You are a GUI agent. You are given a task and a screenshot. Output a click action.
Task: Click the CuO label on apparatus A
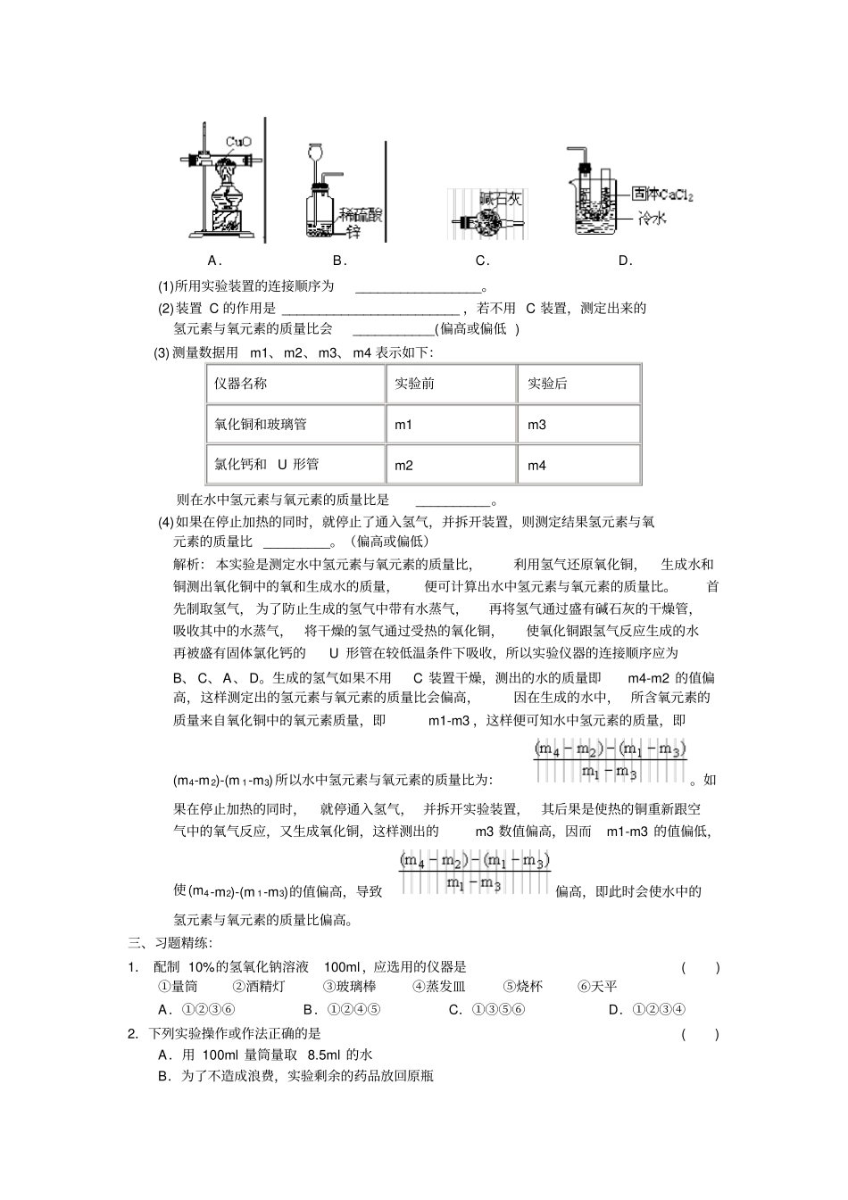pos(238,141)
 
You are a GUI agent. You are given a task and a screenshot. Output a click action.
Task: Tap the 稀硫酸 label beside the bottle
pos(360,215)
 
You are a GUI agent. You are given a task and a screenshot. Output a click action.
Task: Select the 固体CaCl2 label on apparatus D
pos(661,194)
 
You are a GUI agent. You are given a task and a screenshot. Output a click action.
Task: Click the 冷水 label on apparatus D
pos(653,218)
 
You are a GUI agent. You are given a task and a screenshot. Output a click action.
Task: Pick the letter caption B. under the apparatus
pos(339,261)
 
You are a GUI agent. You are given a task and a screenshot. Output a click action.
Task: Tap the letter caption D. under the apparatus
pos(625,261)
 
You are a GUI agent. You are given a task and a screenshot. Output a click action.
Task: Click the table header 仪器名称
pos(240,384)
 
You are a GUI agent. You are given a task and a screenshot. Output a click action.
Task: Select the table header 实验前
pos(414,384)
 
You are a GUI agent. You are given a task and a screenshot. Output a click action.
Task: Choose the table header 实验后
pos(547,384)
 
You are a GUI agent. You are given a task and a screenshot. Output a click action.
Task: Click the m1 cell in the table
pos(403,425)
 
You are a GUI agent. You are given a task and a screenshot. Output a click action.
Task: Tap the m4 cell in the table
pos(536,465)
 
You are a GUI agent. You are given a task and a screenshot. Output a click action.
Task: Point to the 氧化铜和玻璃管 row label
pos(261,425)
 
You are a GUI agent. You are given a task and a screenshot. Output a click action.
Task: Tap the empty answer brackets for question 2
pos(701,1034)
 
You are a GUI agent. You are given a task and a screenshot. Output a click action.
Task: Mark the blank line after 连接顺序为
pos(418,287)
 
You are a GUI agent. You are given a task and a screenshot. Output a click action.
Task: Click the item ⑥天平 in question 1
pos(597,986)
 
